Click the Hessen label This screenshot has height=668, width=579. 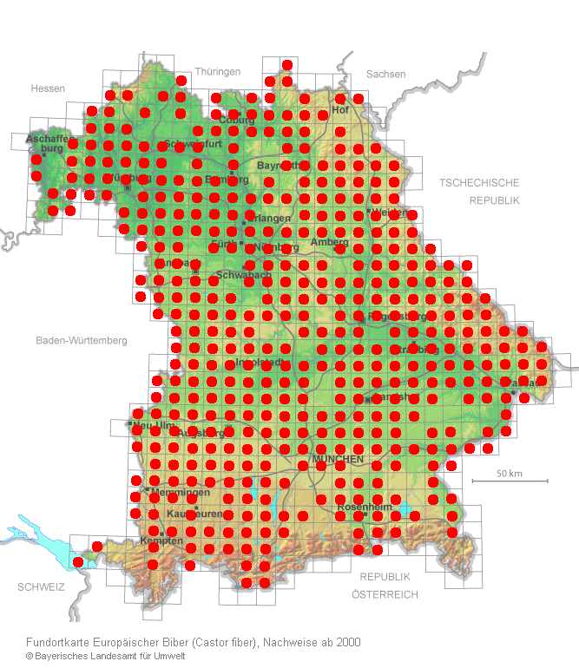(48, 88)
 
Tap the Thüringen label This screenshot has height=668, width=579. (217, 72)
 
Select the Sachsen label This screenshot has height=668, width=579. (385, 75)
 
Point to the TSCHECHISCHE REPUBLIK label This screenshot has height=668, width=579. (479, 191)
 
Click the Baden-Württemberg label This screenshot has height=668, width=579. (82, 341)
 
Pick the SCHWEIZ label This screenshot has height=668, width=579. (41, 587)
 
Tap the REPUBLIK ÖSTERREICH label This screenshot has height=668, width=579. (385, 586)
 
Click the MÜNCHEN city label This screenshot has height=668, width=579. (339, 458)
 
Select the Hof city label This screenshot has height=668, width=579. (339, 110)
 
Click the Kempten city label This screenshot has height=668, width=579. (161, 540)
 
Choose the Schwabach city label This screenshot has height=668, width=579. (243, 275)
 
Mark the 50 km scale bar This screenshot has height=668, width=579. (510, 480)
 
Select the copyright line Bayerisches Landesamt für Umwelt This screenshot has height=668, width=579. (109, 656)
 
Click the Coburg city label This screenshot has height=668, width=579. (236, 120)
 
